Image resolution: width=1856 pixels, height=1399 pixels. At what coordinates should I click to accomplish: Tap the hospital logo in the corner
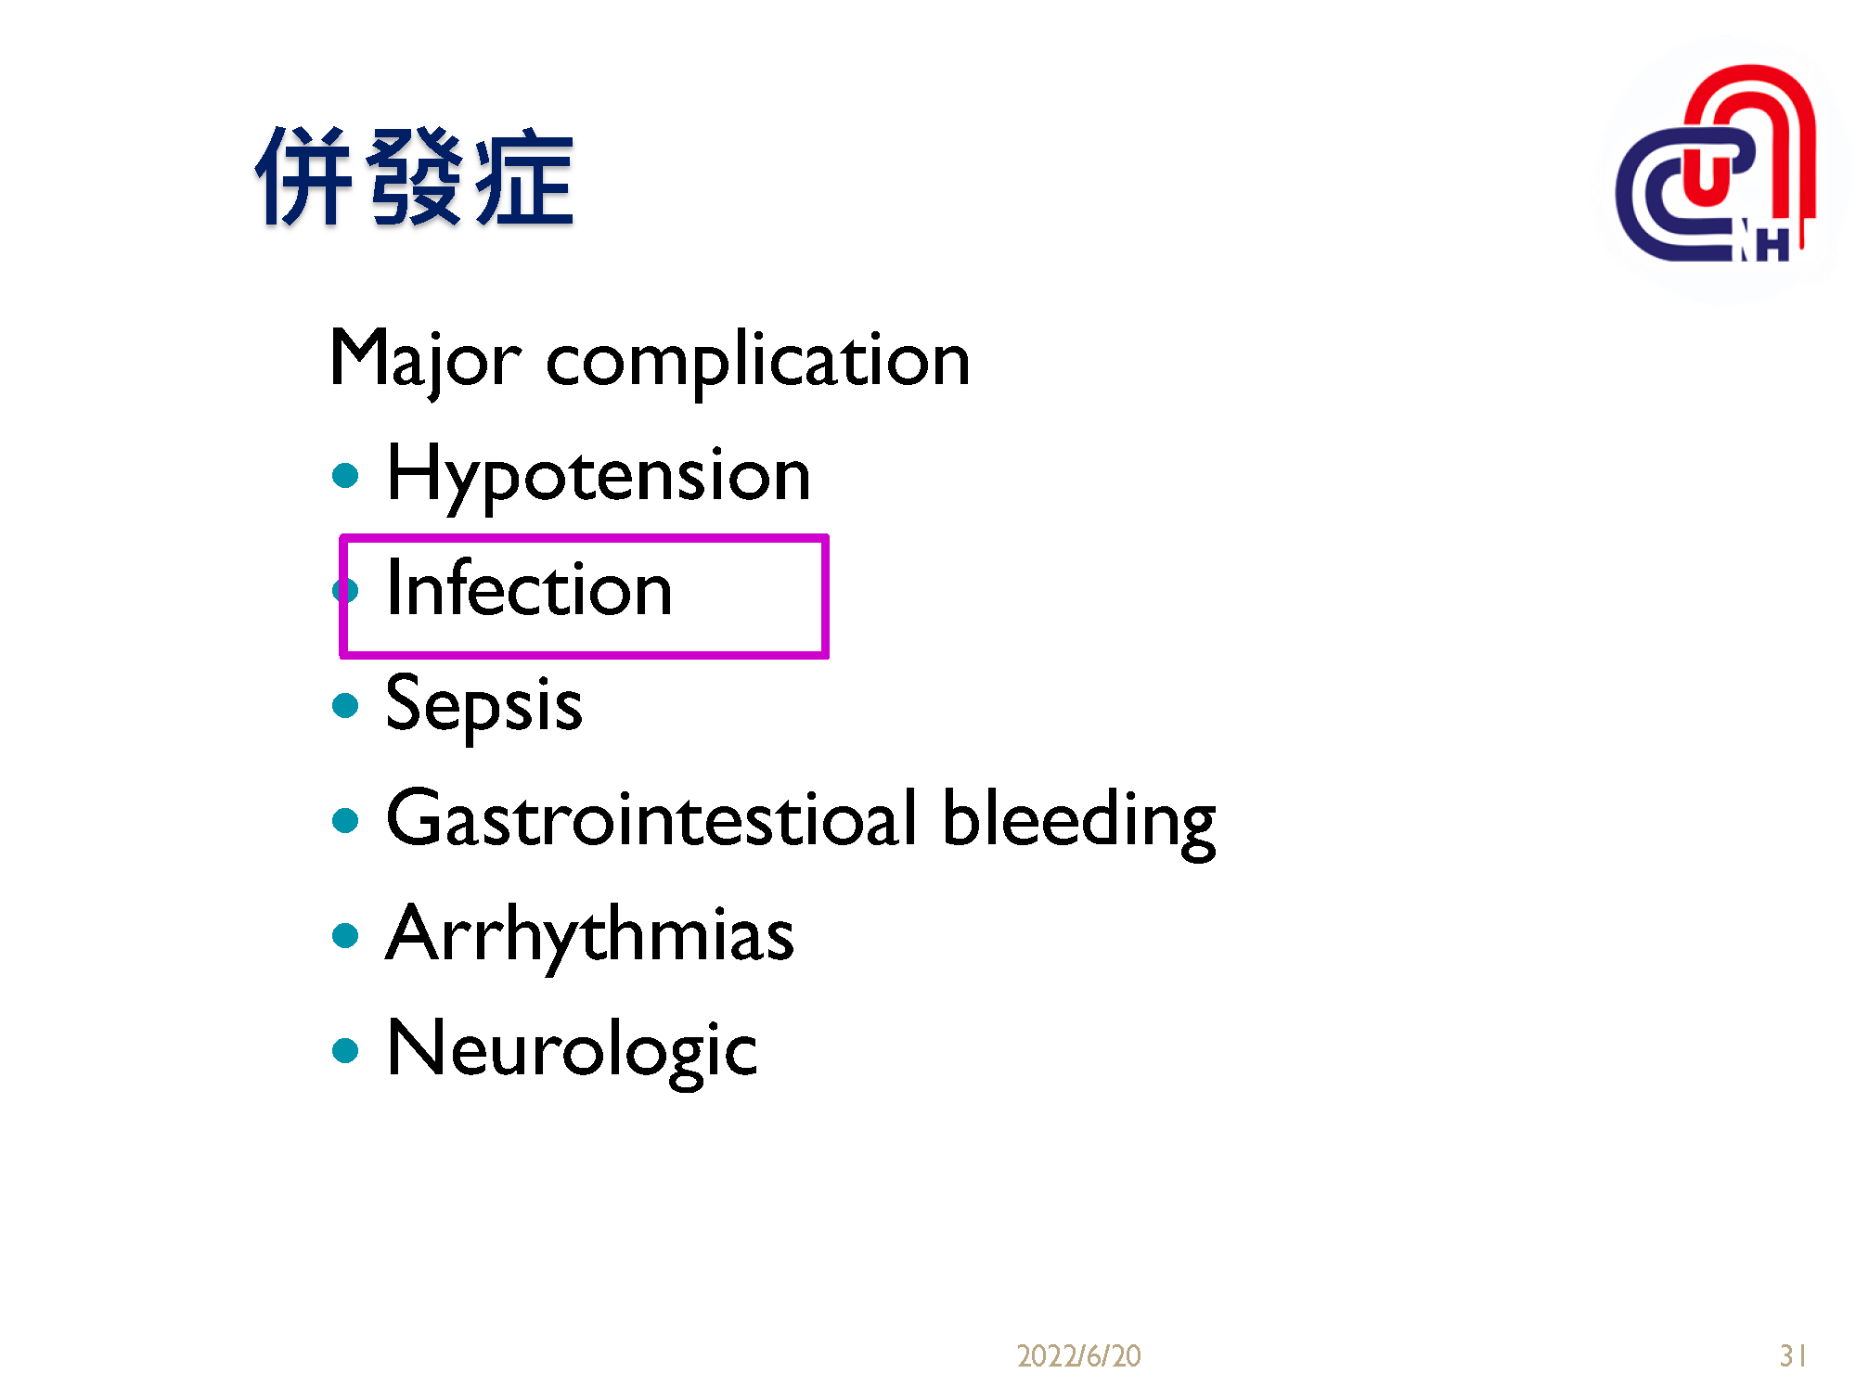tap(1717, 167)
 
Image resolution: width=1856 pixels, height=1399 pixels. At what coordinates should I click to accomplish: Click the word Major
tap(425, 360)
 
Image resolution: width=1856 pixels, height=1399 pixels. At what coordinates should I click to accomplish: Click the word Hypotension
tap(598, 475)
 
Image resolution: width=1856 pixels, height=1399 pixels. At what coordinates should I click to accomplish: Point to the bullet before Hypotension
tap(345, 476)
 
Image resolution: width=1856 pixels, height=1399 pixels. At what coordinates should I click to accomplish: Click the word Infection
tap(529, 589)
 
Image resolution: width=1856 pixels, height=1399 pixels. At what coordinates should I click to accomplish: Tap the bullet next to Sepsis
tap(345, 706)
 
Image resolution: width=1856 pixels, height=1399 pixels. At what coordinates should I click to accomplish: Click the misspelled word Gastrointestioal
tap(651, 820)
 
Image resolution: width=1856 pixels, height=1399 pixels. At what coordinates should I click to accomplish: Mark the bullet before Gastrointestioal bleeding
tap(345, 821)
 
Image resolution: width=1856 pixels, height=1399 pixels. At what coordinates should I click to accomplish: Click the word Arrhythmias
tap(590, 935)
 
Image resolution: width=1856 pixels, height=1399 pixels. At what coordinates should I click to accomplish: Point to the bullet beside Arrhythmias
tap(345, 936)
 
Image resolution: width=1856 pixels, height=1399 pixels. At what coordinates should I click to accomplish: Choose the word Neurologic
tap(572, 1050)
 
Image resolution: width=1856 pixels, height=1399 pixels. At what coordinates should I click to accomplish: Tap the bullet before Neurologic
tap(345, 1051)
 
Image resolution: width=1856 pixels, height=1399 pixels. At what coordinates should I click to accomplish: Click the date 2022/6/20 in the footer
tap(1078, 1356)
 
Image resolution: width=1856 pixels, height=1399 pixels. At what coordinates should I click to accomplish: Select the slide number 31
tap(1792, 1356)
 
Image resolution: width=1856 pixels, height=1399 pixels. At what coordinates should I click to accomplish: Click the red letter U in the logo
tap(1706, 176)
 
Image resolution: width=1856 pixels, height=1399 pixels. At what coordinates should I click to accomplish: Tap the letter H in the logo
tap(1772, 246)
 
